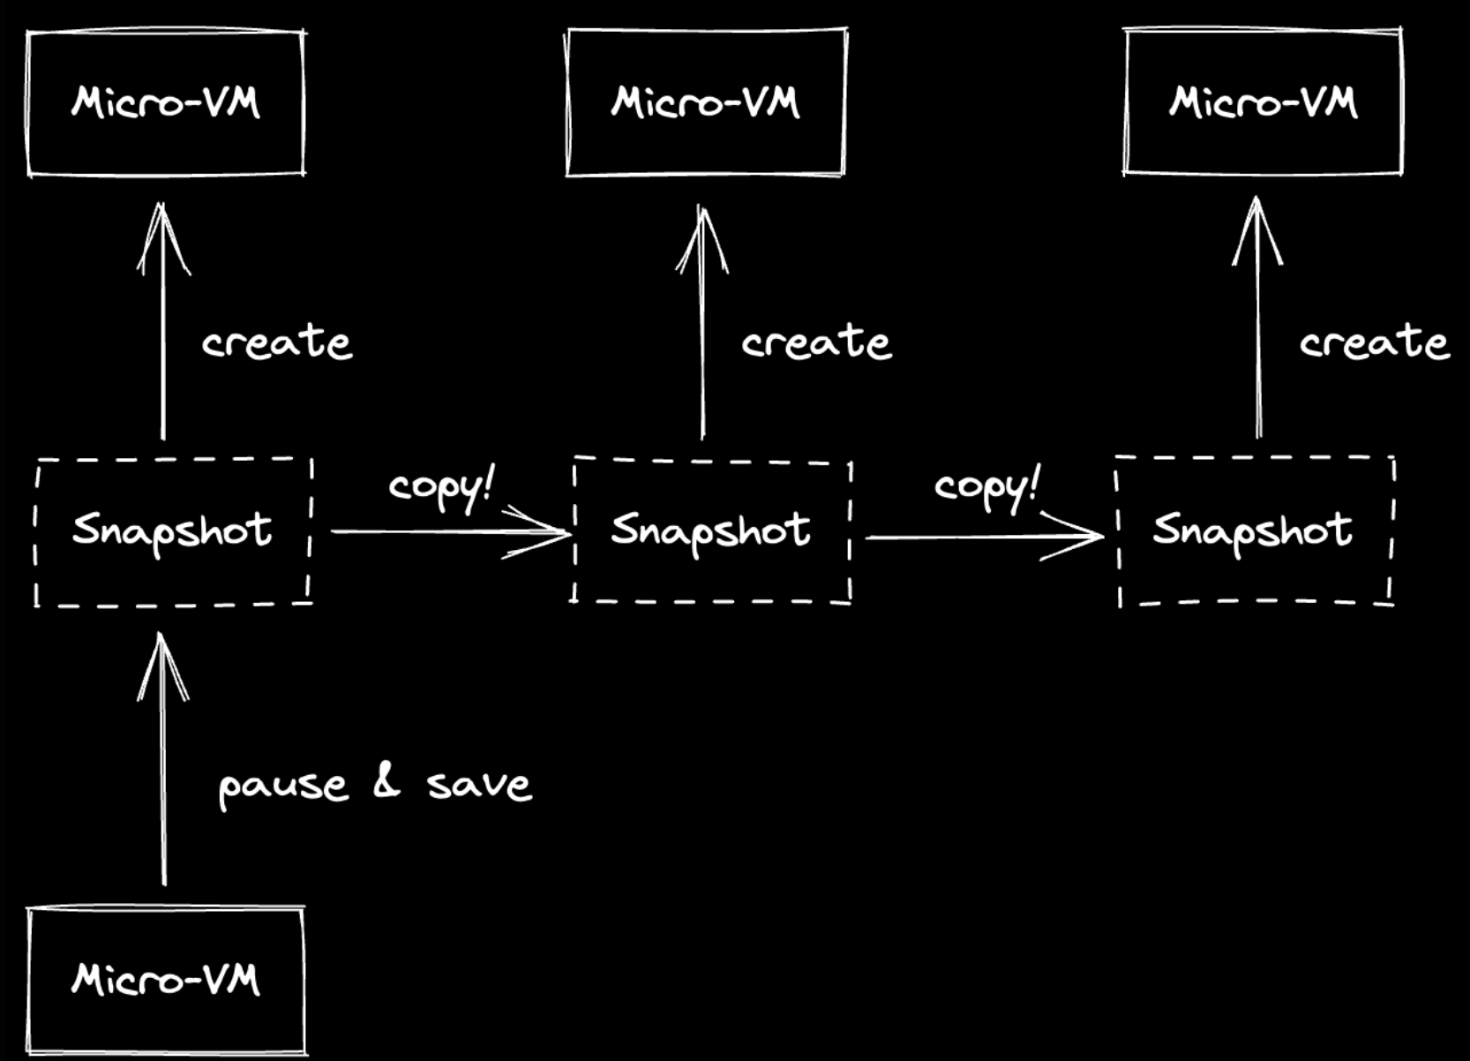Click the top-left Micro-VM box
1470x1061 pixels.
coord(166,103)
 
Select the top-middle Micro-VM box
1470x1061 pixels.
coord(706,103)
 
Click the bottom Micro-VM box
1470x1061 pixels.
coord(166,980)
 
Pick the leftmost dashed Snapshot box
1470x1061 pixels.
coord(173,531)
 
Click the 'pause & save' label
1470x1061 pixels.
coord(375,785)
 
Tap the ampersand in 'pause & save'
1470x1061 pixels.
coord(386,781)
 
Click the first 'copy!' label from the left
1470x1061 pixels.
coord(441,486)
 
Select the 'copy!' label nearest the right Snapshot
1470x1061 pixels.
coord(986,486)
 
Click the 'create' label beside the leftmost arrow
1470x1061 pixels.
coord(277,342)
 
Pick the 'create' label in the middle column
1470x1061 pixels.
coord(816,342)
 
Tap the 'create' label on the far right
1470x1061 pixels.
coord(1374,342)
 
